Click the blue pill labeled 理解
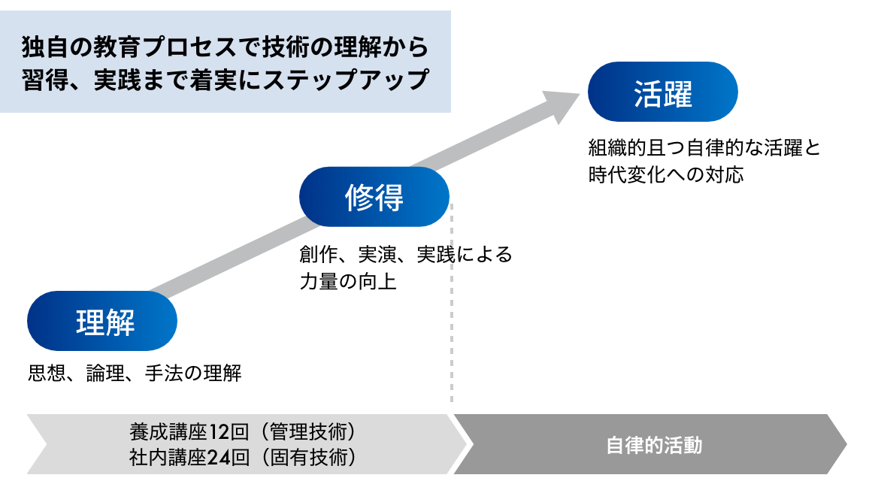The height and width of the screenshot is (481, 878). pos(102,321)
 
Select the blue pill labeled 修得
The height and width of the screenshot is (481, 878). pos(374,197)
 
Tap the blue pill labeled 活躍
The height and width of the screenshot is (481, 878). pos(662,92)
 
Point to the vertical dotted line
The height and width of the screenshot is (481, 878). pos(451,316)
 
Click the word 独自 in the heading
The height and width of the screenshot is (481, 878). pos(43,47)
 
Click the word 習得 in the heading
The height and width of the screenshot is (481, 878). pos(43,79)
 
